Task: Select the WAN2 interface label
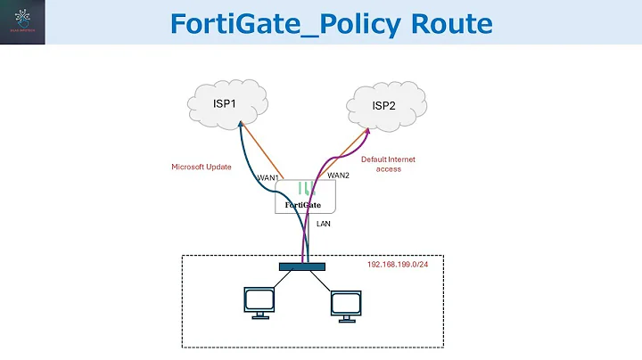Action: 338,176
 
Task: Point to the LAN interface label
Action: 324,224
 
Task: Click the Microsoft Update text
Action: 202,167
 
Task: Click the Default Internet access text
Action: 388,164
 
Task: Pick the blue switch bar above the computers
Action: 303,266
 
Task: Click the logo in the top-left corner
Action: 23,22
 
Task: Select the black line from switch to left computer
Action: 282,281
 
